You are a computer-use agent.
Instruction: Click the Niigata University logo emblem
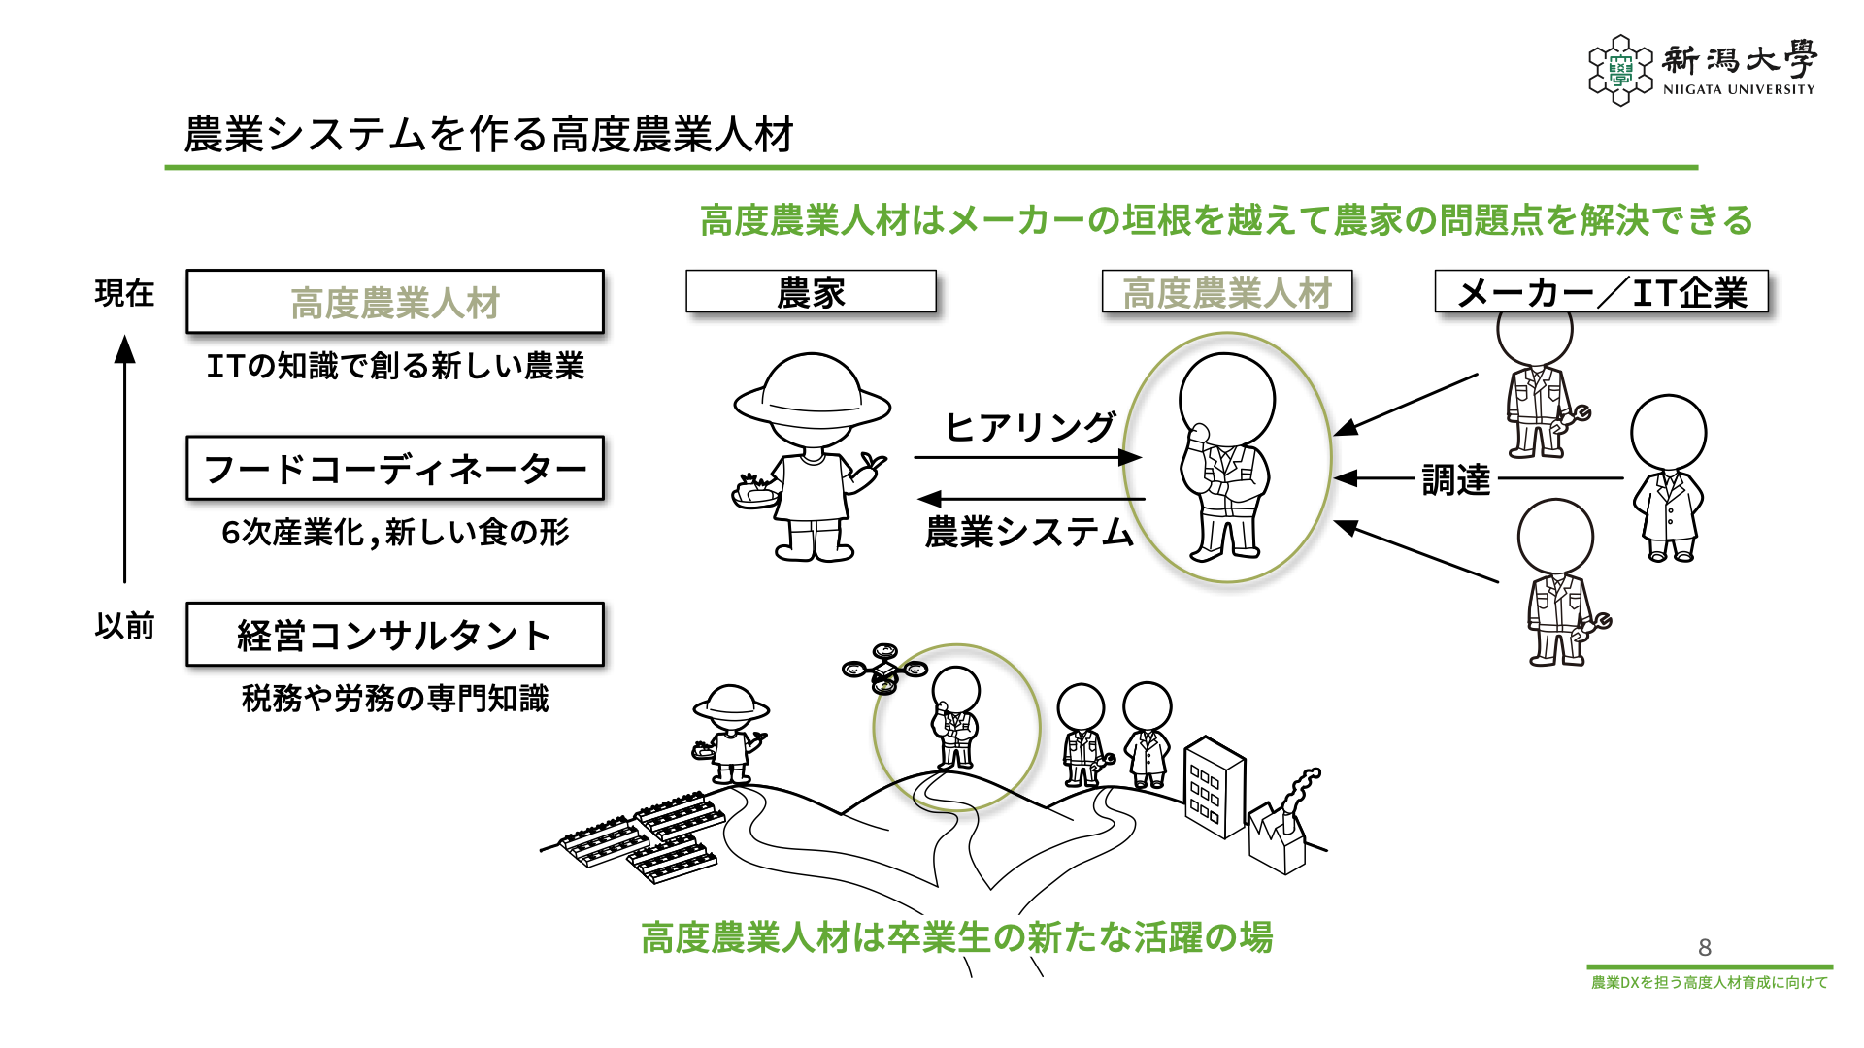(x=1619, y=70)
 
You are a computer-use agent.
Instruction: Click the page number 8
(x=1704, y=947)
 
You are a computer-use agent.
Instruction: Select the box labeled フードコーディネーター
(x=395, y=469)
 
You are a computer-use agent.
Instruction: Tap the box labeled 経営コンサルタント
(x=395, y=636)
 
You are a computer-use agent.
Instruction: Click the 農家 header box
(x=811, y=292)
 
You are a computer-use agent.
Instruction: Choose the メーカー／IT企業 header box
(x=1601, y=292)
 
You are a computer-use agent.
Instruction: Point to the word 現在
(x=124, y=293)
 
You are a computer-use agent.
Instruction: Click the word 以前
(x=124, y=626)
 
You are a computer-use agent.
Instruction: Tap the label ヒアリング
(x=1030, y=427)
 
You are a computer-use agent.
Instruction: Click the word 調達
(x=1455, y=479)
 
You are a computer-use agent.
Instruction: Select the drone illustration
(x=884, y=669)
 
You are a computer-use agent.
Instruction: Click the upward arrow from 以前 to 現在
(x=124, y=456)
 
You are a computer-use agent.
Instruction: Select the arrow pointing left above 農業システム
(x=1029, y=499)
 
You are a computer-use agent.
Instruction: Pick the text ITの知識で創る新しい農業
(x=395, y=367)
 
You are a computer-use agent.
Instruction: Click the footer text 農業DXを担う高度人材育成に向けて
(x=1709, y=983)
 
